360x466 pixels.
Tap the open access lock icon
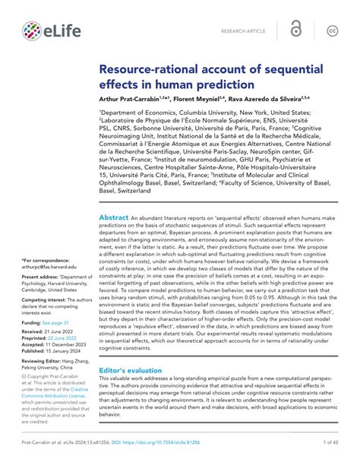click(x=295, y=30)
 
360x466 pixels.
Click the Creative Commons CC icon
click(x=332, y=30)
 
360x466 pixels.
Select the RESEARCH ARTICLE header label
click(x=244, y=30)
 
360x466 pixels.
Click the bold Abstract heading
click(x=114, y=217)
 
